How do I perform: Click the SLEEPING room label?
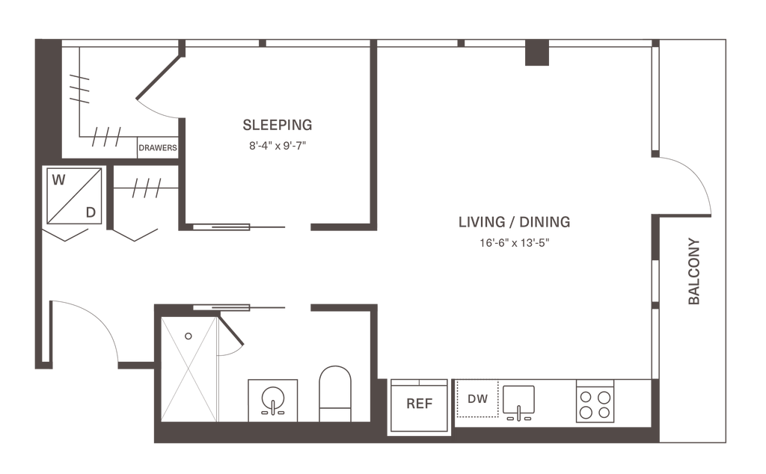[277, 124]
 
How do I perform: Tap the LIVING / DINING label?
[514, 222]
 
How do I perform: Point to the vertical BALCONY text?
[693, 271]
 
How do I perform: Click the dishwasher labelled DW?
[477, 398]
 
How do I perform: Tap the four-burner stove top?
[595, 404]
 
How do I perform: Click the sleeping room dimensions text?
[277, 147]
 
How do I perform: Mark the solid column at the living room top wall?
[536, 55]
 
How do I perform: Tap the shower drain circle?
[189, 336]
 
